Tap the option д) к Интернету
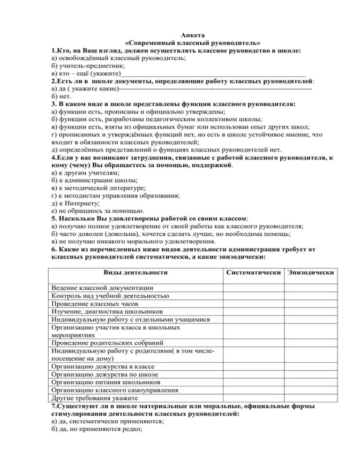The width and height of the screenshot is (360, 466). coord(75,203)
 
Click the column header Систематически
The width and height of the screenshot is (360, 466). coord(253,272)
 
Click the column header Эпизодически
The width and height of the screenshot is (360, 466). coord(311,272)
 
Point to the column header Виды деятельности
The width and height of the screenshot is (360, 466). coord(135,272)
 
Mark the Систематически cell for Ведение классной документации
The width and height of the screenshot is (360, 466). coord(253,287)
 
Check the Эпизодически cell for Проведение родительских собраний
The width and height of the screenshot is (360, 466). coord(311,343)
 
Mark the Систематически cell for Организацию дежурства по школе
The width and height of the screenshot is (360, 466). coord(253,374)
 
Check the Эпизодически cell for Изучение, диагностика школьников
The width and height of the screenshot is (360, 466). coord(311,311)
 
